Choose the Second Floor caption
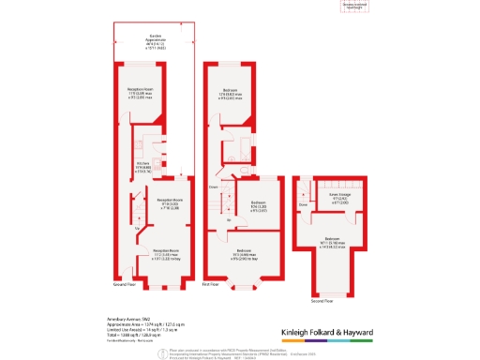(x=322, y=302)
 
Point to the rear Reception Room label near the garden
(x=141, y=91)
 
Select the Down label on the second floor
(x=303, y=203)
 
